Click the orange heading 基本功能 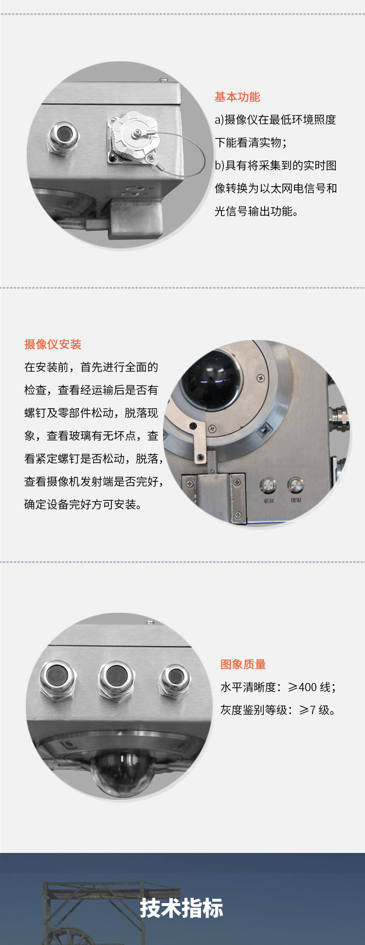(237, 97)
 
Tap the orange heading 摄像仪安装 (53, 344)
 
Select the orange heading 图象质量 (243, 664)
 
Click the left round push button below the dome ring (268, 485)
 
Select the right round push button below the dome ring (295, 485)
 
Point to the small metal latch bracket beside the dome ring (198, 443)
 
